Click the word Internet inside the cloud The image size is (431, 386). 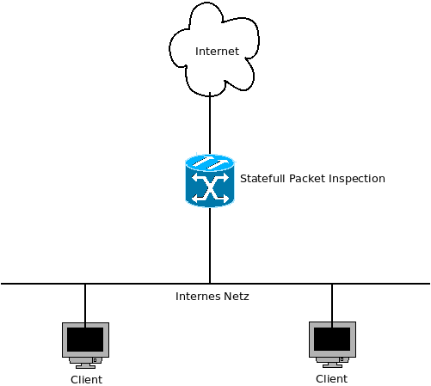(x=217, y=52)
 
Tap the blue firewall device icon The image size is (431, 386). (x=210, y=181)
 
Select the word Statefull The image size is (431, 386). (x=262, y=179)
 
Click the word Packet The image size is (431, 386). (x=307, y=179)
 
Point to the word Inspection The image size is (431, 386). (x=357, y=179)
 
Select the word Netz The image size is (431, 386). (x=237, y=297)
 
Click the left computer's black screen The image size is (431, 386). (x=85, y=340)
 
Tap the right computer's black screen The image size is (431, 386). (x=332, y=339)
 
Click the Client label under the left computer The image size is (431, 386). (x=86, y=380)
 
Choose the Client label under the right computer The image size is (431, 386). (x=331, y=379)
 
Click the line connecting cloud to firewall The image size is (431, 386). (x=210, y=123)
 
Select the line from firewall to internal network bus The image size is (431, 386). (x=210, y=245)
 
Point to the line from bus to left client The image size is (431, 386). (x=85, y=305)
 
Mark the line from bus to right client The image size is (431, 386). (x=332, y=305)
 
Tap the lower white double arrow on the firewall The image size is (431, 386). (x=210, y=198)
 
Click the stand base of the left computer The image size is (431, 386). (x=85, y=366)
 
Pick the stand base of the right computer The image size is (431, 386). (x=332, y=365)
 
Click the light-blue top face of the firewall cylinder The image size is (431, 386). (x=210, y=162)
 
